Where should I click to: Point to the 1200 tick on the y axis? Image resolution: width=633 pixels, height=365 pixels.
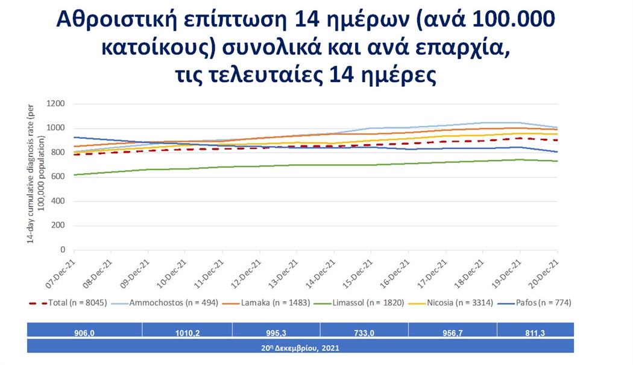(x=55, y=104)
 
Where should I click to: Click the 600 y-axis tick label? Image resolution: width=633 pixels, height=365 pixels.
(x=57, y=177)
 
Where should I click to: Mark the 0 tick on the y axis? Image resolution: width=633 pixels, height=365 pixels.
(x=62, y=250)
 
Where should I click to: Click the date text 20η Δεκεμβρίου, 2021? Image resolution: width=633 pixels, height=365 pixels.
(x=301, y=346)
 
